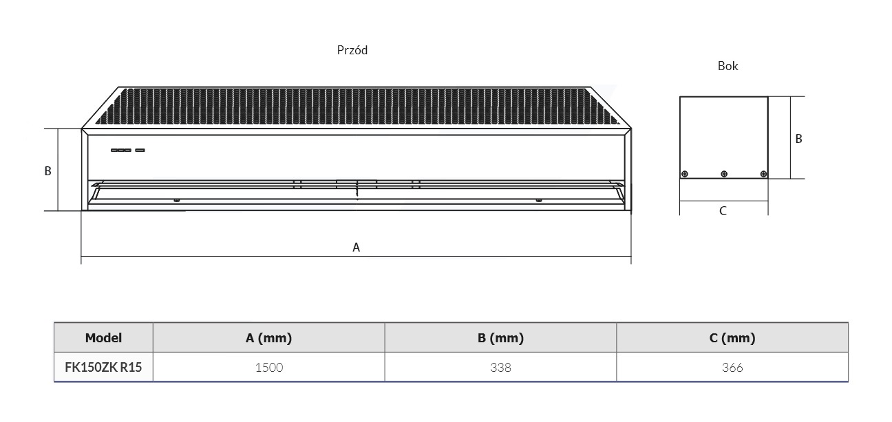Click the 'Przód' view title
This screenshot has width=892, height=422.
352,50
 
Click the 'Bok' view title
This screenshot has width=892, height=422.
728,65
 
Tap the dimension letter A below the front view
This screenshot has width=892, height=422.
356,247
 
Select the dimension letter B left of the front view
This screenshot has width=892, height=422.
47,170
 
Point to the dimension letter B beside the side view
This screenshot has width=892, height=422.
798,138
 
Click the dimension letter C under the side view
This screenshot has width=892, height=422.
723,211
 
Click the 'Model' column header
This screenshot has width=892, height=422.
103,337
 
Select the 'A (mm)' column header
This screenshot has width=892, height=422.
269,337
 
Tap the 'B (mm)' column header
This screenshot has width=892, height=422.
500,337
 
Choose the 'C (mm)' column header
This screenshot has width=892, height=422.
732,337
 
